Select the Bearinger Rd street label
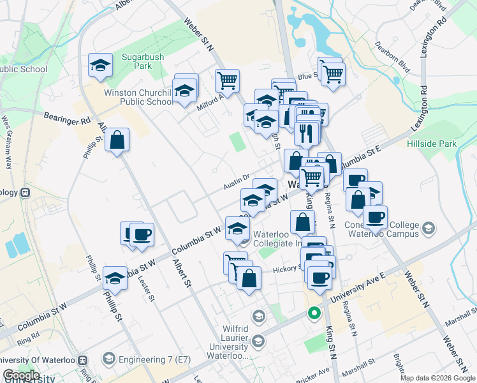coord(68,117)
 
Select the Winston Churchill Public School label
coord(138,97)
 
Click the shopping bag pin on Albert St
coord(117,140)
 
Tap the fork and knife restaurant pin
coord(307,133)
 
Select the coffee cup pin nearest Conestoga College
coord(376,217)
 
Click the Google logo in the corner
coord(21,375)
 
